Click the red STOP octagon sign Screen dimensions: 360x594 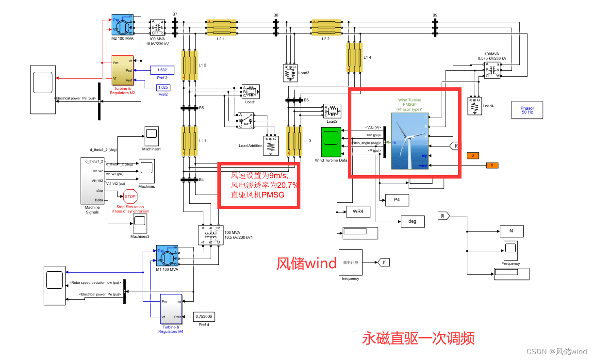pyautogui.click(x=130, y=197)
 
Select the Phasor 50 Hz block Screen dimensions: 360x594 pyautogui.click(x=527, y=110)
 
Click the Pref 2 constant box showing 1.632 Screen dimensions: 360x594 pyautogui.click(x=162, y=70)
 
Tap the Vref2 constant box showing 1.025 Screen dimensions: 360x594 pyautogui.click(x=163, y=87)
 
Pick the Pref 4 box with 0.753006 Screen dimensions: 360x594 pyautogui.click(x=204, y=317)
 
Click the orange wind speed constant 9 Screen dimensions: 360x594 pyautogui.click(x=492, y=165)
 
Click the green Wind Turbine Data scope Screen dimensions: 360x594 pyautogui.click(x=330, y=142)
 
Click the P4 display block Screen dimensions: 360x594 pyautogui.click(x=397, y=199)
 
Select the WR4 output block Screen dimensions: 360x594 pyautogui.click(x=358, y=212)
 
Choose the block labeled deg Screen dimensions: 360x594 pyautogui.click(x=412, y=222)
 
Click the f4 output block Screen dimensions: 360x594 pyautogui.click(x=511, y=231)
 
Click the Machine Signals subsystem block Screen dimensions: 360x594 pyautogui.click(x=92, y=180)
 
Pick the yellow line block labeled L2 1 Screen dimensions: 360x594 pyautogui.click(x=221, y=28)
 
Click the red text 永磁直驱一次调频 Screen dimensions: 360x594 pyautogui.click(x=418, y=338)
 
